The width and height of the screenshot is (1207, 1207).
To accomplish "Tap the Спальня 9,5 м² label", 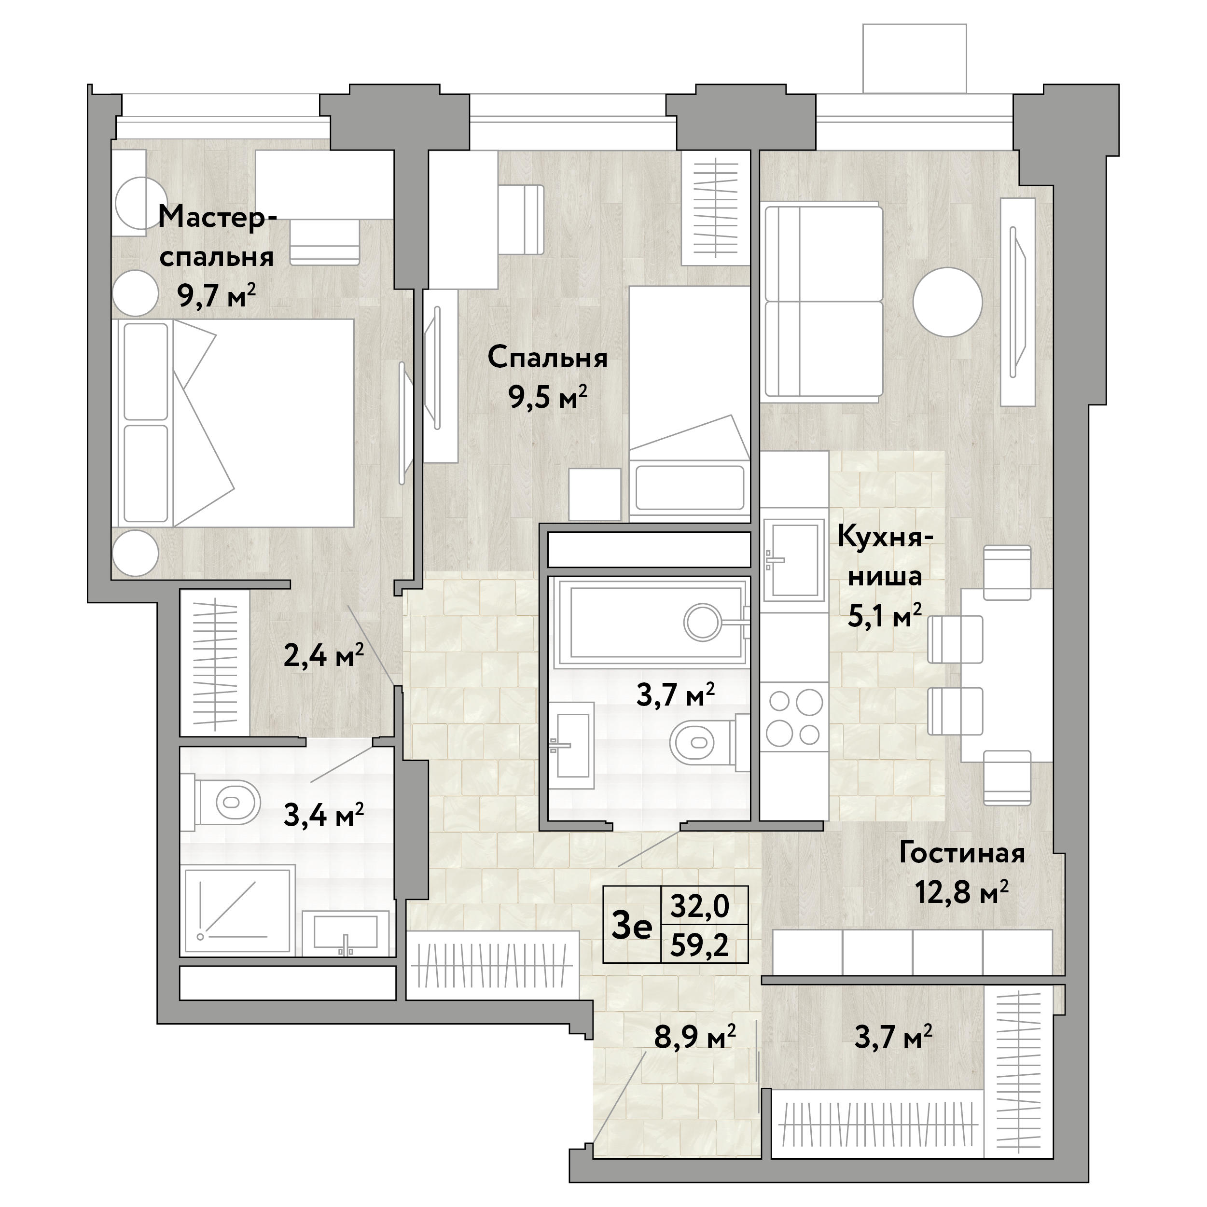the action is [x=547, y=377].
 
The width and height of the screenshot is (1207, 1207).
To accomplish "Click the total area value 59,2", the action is [x=700, y=945].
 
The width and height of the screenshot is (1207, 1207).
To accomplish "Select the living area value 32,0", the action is [x=700, y=906].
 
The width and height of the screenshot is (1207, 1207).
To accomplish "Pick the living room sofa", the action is [x=821, y=302].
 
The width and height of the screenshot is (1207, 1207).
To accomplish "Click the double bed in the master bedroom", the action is [x=233, y=423].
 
